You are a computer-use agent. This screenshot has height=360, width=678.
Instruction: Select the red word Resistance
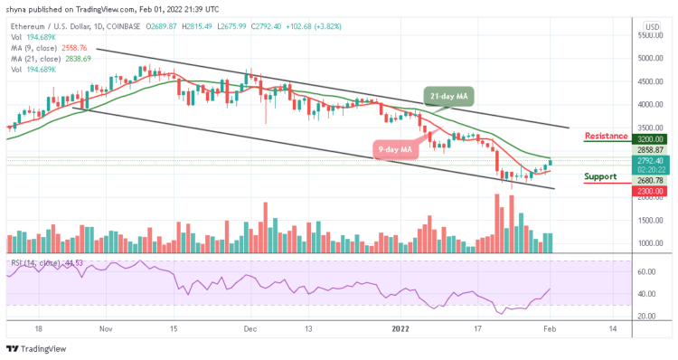607,136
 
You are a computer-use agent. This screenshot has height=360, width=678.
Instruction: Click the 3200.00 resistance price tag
651,139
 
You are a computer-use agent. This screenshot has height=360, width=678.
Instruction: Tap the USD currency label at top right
651,26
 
